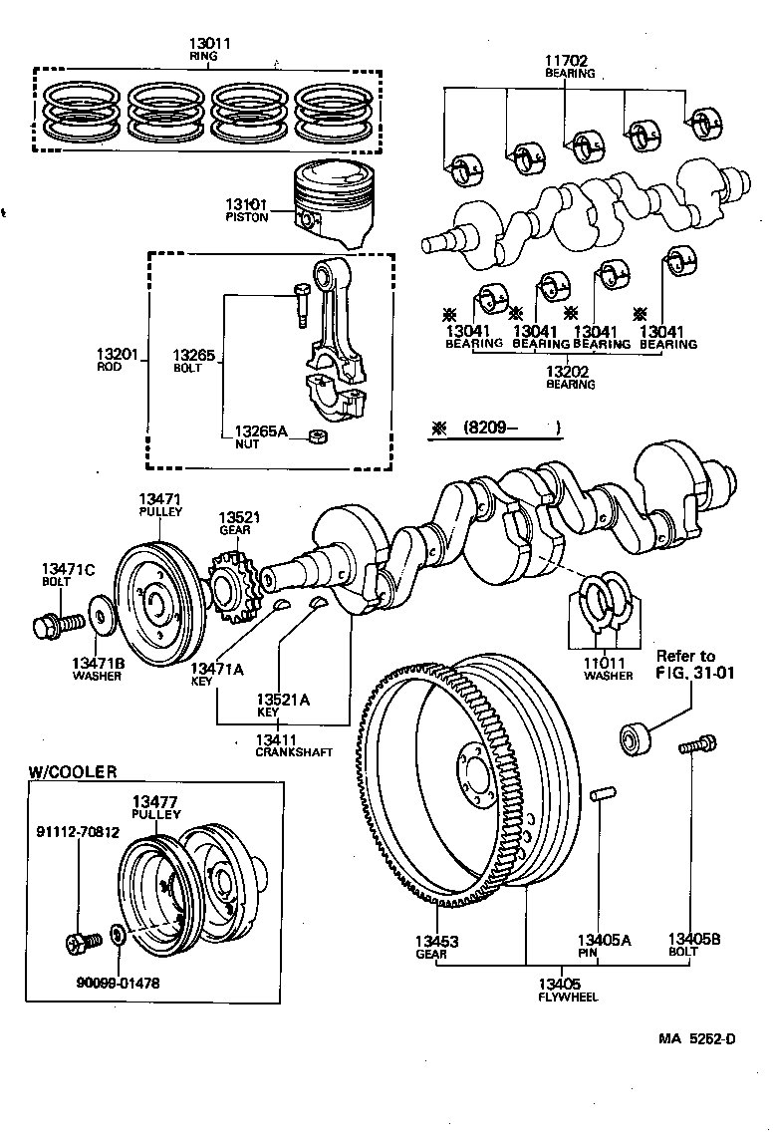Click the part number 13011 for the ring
(x=210, y=44)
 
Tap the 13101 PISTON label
(x=247, y=210)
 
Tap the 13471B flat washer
(x=100, y=615)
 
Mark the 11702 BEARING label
(x=570, y=66)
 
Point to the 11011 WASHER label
(x=609, y=668)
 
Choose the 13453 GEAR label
(x=435, y=946)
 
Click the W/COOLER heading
(x=72, y=771)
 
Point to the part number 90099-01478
(x=118, y=983)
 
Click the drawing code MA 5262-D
(x=696, y=1040)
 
